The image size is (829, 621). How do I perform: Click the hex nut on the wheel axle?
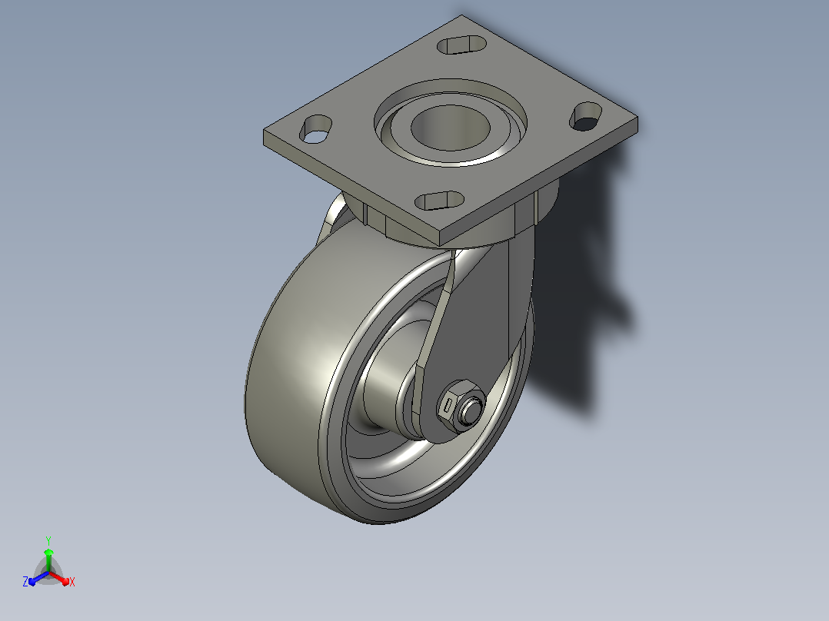click(x=454, y=406)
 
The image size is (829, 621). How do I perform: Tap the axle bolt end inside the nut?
click(x=469, y=410)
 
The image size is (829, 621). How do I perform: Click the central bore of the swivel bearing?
click(x=450, y=128)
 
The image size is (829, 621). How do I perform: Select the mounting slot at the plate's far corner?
click(x=462, y=45)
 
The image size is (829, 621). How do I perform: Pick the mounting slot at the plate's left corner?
click(x=315, y=129)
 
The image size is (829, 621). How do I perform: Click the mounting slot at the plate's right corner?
click(x=586, y=116)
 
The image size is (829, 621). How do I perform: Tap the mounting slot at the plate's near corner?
click(x=439, y=201)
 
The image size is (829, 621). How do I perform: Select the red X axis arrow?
click(x=59, y=578)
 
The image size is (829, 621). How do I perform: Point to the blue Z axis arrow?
click(x=38, y=578)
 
